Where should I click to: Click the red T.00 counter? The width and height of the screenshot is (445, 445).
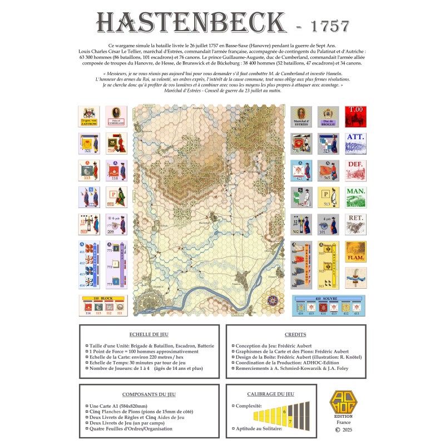(356, 116)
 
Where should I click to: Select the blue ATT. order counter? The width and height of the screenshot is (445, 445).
(356, 143)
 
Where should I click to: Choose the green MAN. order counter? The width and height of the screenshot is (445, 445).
(356, 197)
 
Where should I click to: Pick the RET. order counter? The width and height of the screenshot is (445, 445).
(356, 224)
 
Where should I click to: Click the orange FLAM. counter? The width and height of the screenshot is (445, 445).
(356, 251)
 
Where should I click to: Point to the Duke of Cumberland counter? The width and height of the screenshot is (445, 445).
(116, 116)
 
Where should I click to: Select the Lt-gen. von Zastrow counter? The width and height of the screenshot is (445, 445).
(89, 116)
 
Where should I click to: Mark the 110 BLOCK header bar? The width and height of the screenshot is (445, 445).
(102, 299)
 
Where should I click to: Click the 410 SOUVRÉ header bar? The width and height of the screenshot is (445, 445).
(329, 299)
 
